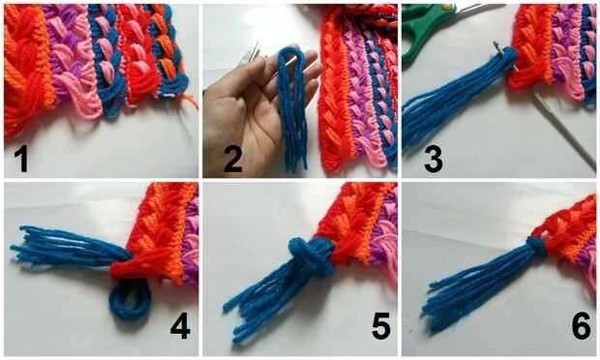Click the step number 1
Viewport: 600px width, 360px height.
(22, 161)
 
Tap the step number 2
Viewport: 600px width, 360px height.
(233, 160)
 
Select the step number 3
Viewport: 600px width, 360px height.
(434, 160)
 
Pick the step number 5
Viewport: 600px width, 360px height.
(381, 326)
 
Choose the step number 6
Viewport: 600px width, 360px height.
(581, 326)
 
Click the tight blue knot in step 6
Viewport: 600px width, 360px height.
(536, 247)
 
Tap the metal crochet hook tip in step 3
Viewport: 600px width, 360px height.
(496, 46)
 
